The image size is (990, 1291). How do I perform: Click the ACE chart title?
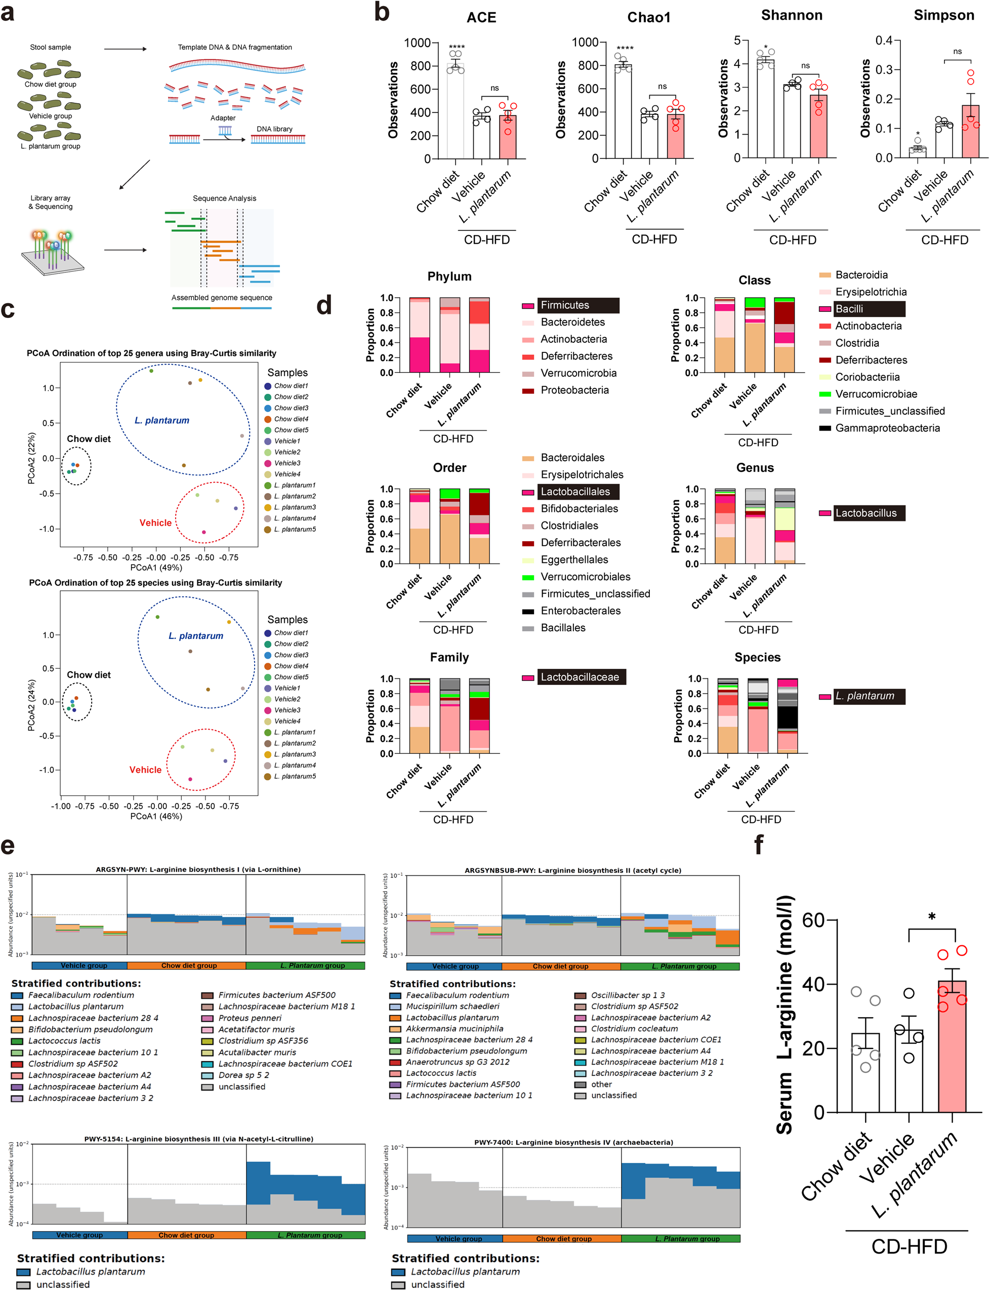(481, 17)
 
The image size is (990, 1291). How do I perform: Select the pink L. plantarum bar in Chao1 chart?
(675, 136)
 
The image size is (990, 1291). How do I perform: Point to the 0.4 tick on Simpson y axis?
(883, 40)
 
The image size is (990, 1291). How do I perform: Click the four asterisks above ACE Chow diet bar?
(456, 47)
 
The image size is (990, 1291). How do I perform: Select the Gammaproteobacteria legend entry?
(887, 428)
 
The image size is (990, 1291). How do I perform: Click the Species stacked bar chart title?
(757, 657)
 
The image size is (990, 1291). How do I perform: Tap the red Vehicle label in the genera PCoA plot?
(155, 523)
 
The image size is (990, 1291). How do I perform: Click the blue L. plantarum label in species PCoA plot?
(196, 635)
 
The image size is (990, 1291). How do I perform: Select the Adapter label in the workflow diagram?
(223, 118)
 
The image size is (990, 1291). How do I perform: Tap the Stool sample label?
(51, 47)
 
